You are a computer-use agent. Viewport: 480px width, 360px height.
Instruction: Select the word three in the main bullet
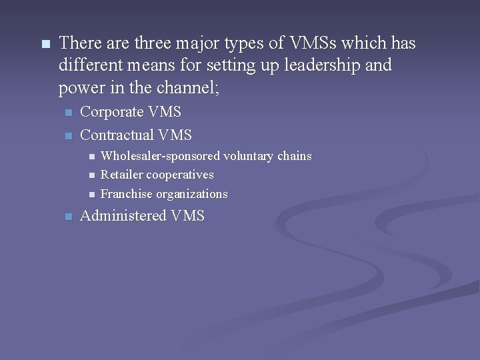pos(152,44)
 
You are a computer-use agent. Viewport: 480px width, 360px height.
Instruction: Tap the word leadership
pos(323,66)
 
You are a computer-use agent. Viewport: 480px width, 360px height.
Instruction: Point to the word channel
pos(179,88)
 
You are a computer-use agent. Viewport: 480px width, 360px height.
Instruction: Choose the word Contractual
pos(117,135)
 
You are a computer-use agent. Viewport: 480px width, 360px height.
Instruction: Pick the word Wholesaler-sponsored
pos(160,156)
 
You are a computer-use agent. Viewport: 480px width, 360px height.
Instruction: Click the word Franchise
pos(127,194)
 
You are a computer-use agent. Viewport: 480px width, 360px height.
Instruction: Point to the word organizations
pos(192,195)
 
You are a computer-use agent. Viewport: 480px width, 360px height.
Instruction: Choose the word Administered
pos(123,216)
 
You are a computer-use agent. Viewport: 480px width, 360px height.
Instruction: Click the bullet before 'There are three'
pos(45,45)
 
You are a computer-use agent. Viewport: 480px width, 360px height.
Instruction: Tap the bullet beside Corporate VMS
pos(67,113)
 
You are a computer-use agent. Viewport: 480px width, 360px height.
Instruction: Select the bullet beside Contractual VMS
pos(67,136)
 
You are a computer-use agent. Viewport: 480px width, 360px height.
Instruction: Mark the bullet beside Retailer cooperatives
pos(91,175)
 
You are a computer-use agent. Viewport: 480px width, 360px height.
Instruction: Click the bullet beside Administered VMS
pos(67,217)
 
